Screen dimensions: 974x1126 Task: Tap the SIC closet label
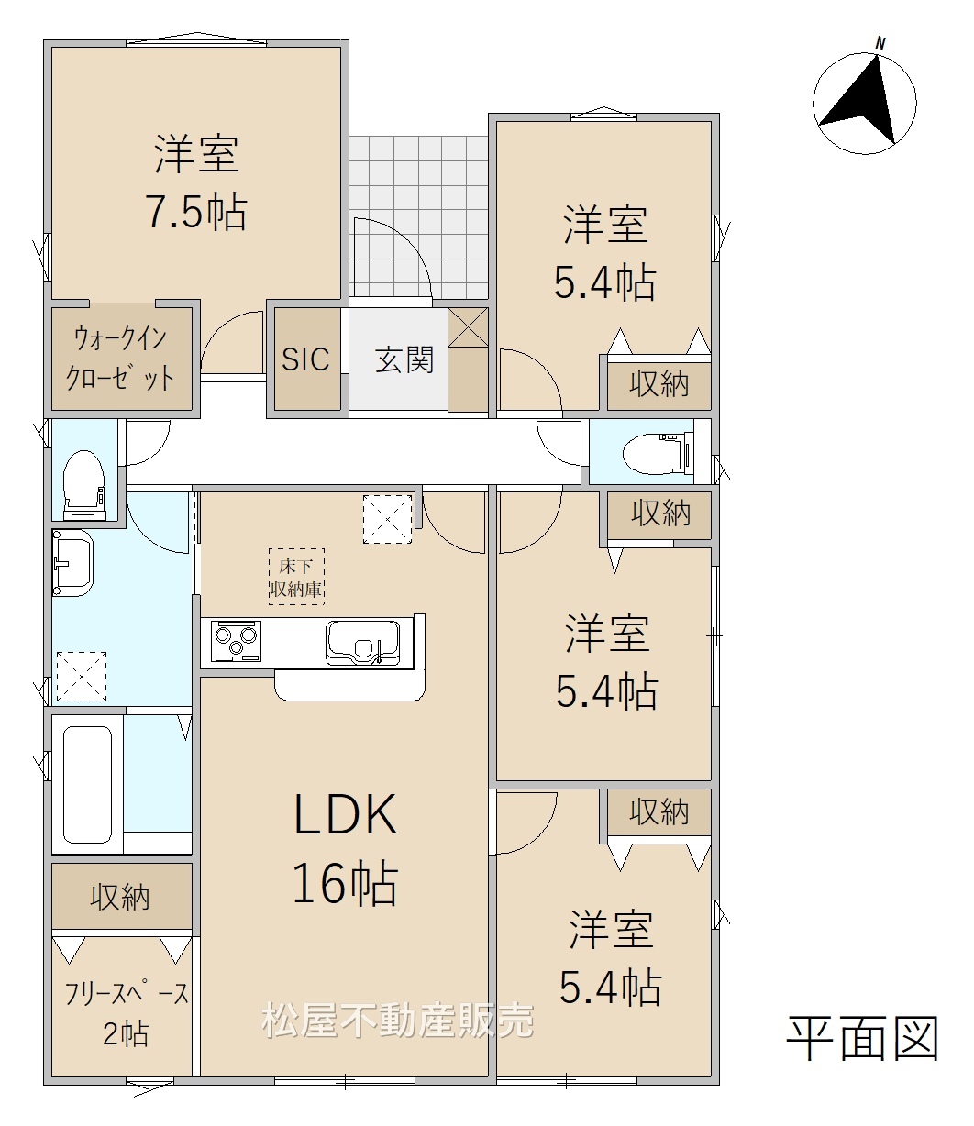click(x=305, y=359)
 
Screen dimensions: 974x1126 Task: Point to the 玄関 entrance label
click(x=404, y=359)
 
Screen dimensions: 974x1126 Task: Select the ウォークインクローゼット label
click(x=120, y=358)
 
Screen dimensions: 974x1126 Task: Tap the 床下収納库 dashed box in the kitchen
click(x=296, y=577)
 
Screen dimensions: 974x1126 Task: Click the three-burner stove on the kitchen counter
click(x=236, y=642)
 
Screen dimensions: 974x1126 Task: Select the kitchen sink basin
click(x=363, y=644)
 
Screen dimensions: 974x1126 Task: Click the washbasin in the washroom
click(x=73, y=562)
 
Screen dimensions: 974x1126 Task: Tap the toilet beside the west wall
click(x=83, y=485)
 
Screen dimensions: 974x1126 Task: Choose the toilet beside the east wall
click(x=659, y=453)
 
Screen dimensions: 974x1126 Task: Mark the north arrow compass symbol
click(x=865, y=104)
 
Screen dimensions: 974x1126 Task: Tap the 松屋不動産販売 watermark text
click(x=398, y=1021)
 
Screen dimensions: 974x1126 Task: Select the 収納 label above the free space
click(x=120, y=897)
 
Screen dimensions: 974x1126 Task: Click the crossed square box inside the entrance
click(x=468, y=326)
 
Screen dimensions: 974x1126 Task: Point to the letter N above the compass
click(x=880, y=44)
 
